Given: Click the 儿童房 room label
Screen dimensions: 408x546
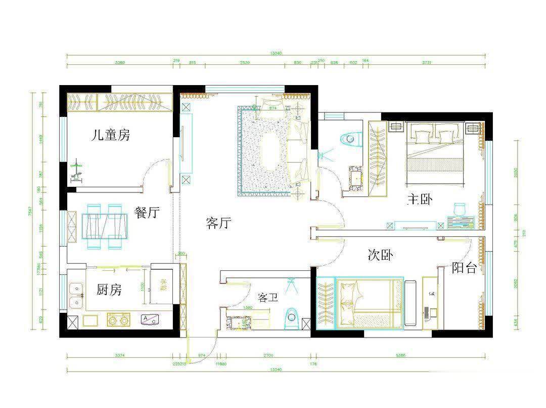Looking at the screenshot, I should click(x=111, y=135).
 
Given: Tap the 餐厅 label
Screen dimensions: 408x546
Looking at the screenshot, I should click(x=147, y=213).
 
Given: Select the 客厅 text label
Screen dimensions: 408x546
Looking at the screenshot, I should click(x=219, y=223).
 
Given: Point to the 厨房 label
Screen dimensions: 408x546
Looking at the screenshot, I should click(x=109, y=290).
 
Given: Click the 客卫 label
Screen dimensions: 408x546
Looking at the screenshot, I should click(x=267, y=297).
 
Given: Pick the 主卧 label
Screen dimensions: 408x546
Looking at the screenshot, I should click(x=420, y=199).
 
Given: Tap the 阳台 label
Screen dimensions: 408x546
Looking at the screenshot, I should click(x=464, y=268).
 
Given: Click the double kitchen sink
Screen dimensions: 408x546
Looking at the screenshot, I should click(x=77, y=296).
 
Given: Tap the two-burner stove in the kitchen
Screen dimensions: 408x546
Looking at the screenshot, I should click(x=118, y=319).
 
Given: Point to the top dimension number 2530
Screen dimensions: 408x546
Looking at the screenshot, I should click(x=245, y=62).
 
